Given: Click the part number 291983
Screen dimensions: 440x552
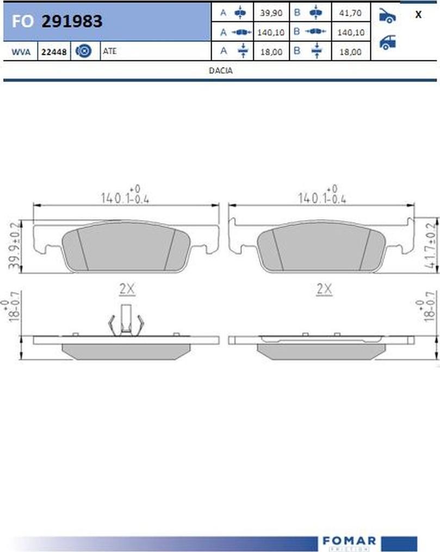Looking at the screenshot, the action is (x=72, y=21).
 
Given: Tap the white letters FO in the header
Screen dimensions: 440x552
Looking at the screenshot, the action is (x=22, y=21).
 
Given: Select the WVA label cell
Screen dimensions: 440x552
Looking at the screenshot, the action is (x=21, y=52).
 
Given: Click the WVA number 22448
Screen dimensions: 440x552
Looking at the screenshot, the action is (x=54, y=52).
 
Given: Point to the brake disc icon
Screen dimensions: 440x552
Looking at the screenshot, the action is (x=84, y=51).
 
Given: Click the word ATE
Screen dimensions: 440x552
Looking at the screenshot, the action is (x=109, y=51).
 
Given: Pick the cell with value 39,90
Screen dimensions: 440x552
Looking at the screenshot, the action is (x=271, y=13).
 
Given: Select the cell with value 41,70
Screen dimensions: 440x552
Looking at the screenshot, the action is (x=350, y=13).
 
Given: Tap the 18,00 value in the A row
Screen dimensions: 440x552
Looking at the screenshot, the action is (x=271, y=52).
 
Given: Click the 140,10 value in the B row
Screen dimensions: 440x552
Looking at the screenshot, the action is (x=350, y=33).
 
